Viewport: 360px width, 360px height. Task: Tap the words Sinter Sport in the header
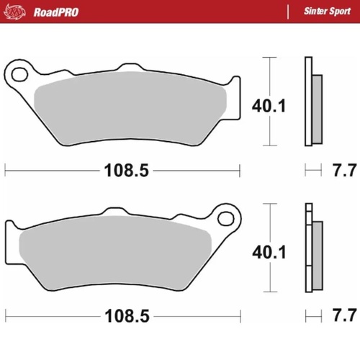click(x=323, y=12)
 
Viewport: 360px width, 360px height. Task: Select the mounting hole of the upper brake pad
click(x=17, y=73)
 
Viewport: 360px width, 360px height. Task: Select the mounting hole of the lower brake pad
click(x=227, y=217)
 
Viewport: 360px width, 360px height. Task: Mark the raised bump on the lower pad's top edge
click(x=115, y=212)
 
